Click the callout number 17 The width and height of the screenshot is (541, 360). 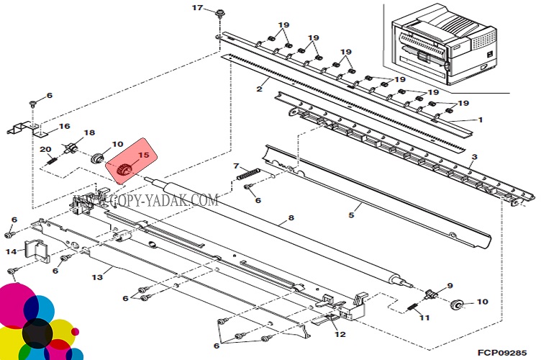coord(198,8)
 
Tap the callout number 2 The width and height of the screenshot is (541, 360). coord(258,89)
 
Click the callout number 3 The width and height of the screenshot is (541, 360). coord(474,156)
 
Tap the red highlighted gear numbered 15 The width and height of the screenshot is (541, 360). coord(124,170)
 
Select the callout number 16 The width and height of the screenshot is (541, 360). coord(65,126)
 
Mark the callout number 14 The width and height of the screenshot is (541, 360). coord(11,251)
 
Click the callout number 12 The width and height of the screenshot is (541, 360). coord(340,335)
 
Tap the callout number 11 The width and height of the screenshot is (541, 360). coord(424,317)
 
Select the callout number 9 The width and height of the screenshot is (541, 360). coord(450,285)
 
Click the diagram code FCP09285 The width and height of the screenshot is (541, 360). coord(512,353)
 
